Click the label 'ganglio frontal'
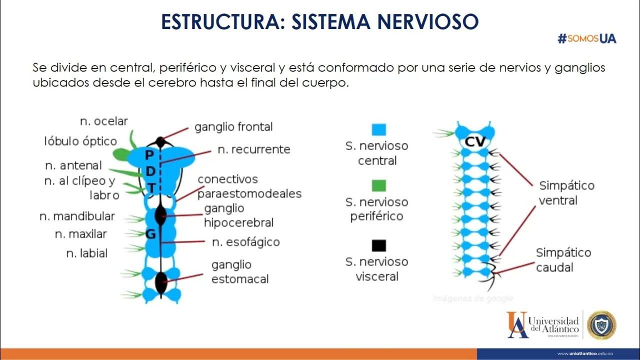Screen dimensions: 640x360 (233, 127)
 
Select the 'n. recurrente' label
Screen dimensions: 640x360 (253, 149)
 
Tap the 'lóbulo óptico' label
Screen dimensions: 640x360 (80, 141)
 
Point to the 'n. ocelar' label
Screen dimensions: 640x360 (104, 121)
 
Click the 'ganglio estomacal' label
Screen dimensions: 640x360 (240, 271)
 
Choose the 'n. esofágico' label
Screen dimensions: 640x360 (245, 242)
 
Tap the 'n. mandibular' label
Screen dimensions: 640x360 (77, 216)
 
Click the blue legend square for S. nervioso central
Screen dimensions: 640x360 (379, 130)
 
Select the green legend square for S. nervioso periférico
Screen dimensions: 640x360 (379, 186)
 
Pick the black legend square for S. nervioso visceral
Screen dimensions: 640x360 (379, 245)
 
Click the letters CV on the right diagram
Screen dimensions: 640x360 (475, 142)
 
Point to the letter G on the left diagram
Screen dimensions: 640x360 (150, 233)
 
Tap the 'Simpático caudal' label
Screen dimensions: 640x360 (563, 260)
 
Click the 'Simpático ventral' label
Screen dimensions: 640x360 (566, 193)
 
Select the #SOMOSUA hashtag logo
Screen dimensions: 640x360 (586, 38)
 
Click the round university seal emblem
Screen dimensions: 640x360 (601, 325)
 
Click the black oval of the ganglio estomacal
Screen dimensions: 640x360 (161, 282)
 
